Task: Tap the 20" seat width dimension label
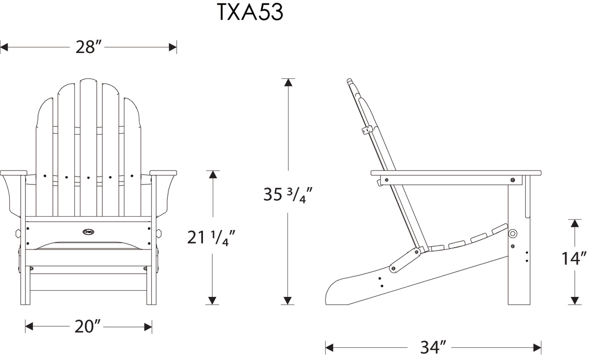click(x=88, y=326)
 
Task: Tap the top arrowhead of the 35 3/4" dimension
click(x=288, y=82)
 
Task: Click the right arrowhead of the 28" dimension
click(x=173, y=47)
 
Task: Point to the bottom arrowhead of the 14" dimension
click(x=574, y=300)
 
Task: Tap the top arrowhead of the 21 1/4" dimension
click(x=213, y=174)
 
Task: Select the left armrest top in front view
click(x=14, y=173)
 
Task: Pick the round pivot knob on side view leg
click(x=513, y=233)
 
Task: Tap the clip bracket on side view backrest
click(x=366, y=130)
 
